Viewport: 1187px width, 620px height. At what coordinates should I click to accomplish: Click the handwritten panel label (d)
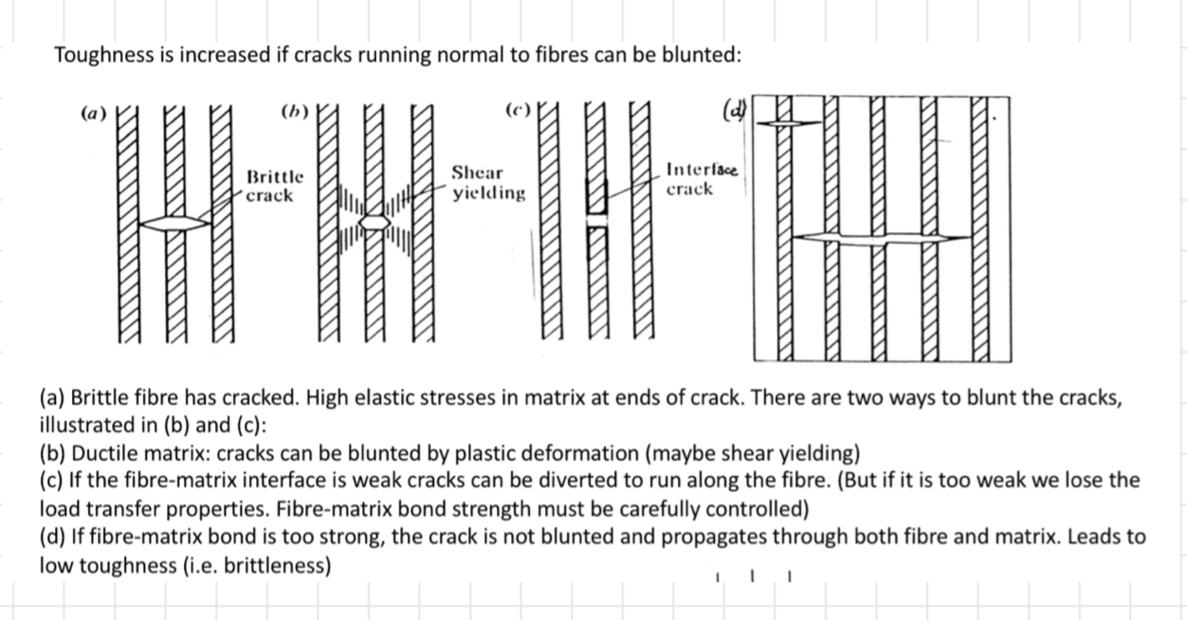click(732, 111)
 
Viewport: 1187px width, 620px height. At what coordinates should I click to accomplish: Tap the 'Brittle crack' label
click(275, 186)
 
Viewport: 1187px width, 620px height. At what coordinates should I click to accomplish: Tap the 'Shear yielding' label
click(487, 183)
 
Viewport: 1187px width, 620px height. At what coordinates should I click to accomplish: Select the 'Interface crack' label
click(702, 179)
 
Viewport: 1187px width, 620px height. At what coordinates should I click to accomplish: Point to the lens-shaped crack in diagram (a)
click(176, 223)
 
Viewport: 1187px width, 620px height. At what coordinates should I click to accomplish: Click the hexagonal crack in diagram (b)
click(376, 222)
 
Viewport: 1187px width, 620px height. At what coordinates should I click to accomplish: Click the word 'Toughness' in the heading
click(100, 55)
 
